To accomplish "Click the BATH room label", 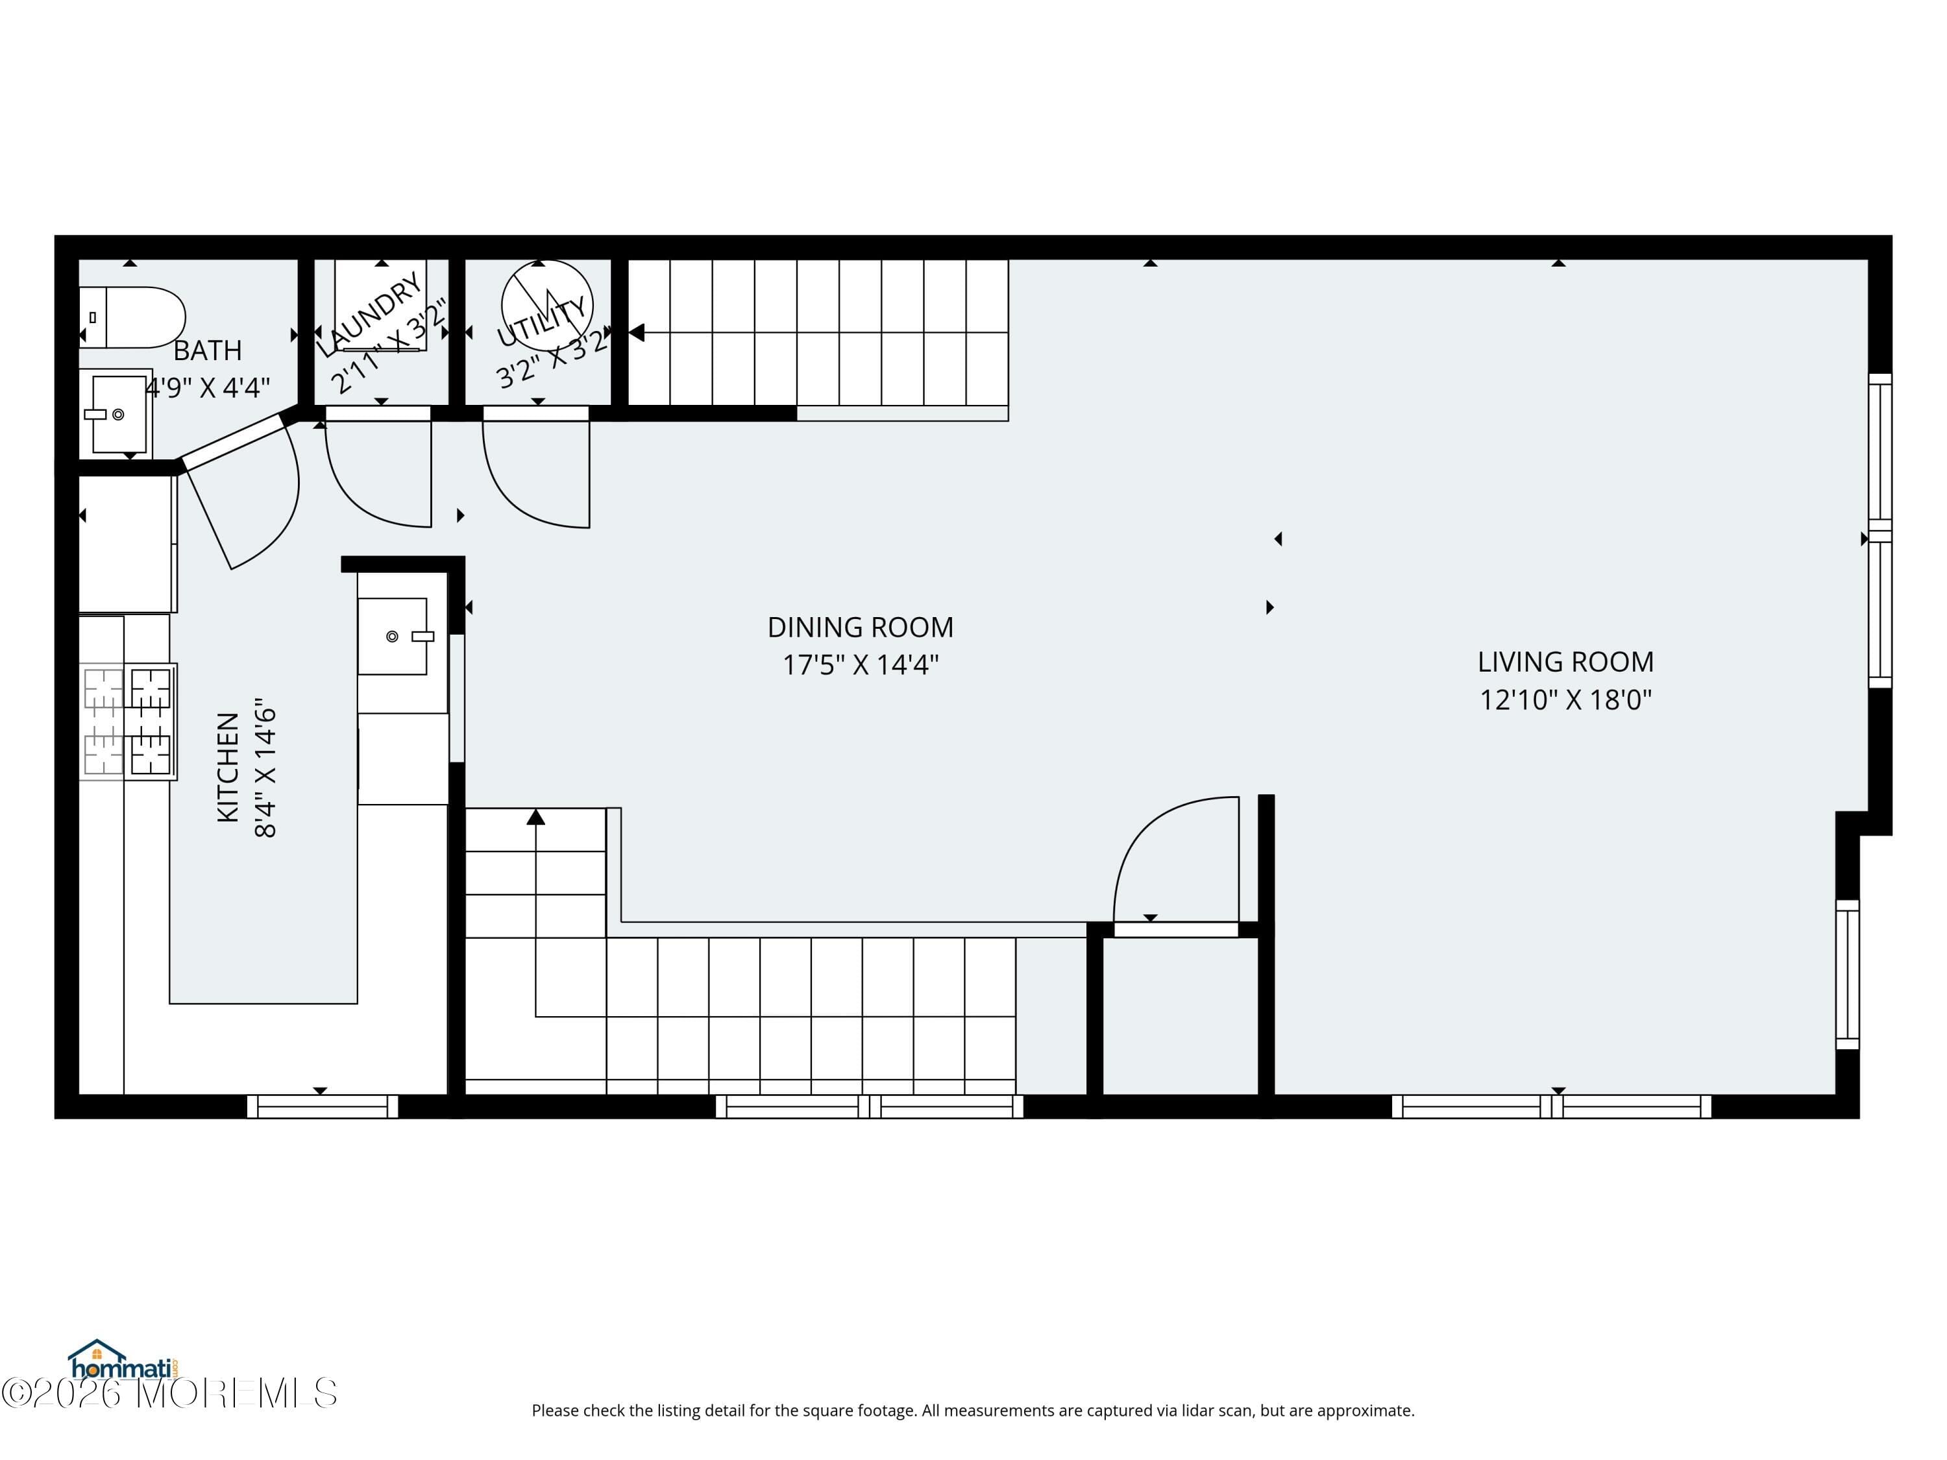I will pyautogui.click(x=208, y=350).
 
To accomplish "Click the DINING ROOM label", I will pyautogui.click(x=860, y=627).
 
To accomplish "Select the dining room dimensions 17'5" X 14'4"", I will pyautogui.click(x=860, y=664).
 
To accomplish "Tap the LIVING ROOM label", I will pyautogui.click(x=1565, y=662).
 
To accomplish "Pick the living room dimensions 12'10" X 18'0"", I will pyautogui.click(x=1565, y=700).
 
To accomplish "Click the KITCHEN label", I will pyautogui.click(x=228, y=768).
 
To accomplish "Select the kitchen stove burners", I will pyautogui.click(x=129, y=722).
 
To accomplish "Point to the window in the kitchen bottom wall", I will pyautogui.click(x=322, y=1106).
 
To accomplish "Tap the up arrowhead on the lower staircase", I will pyautogui.click(x=536, y=818).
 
